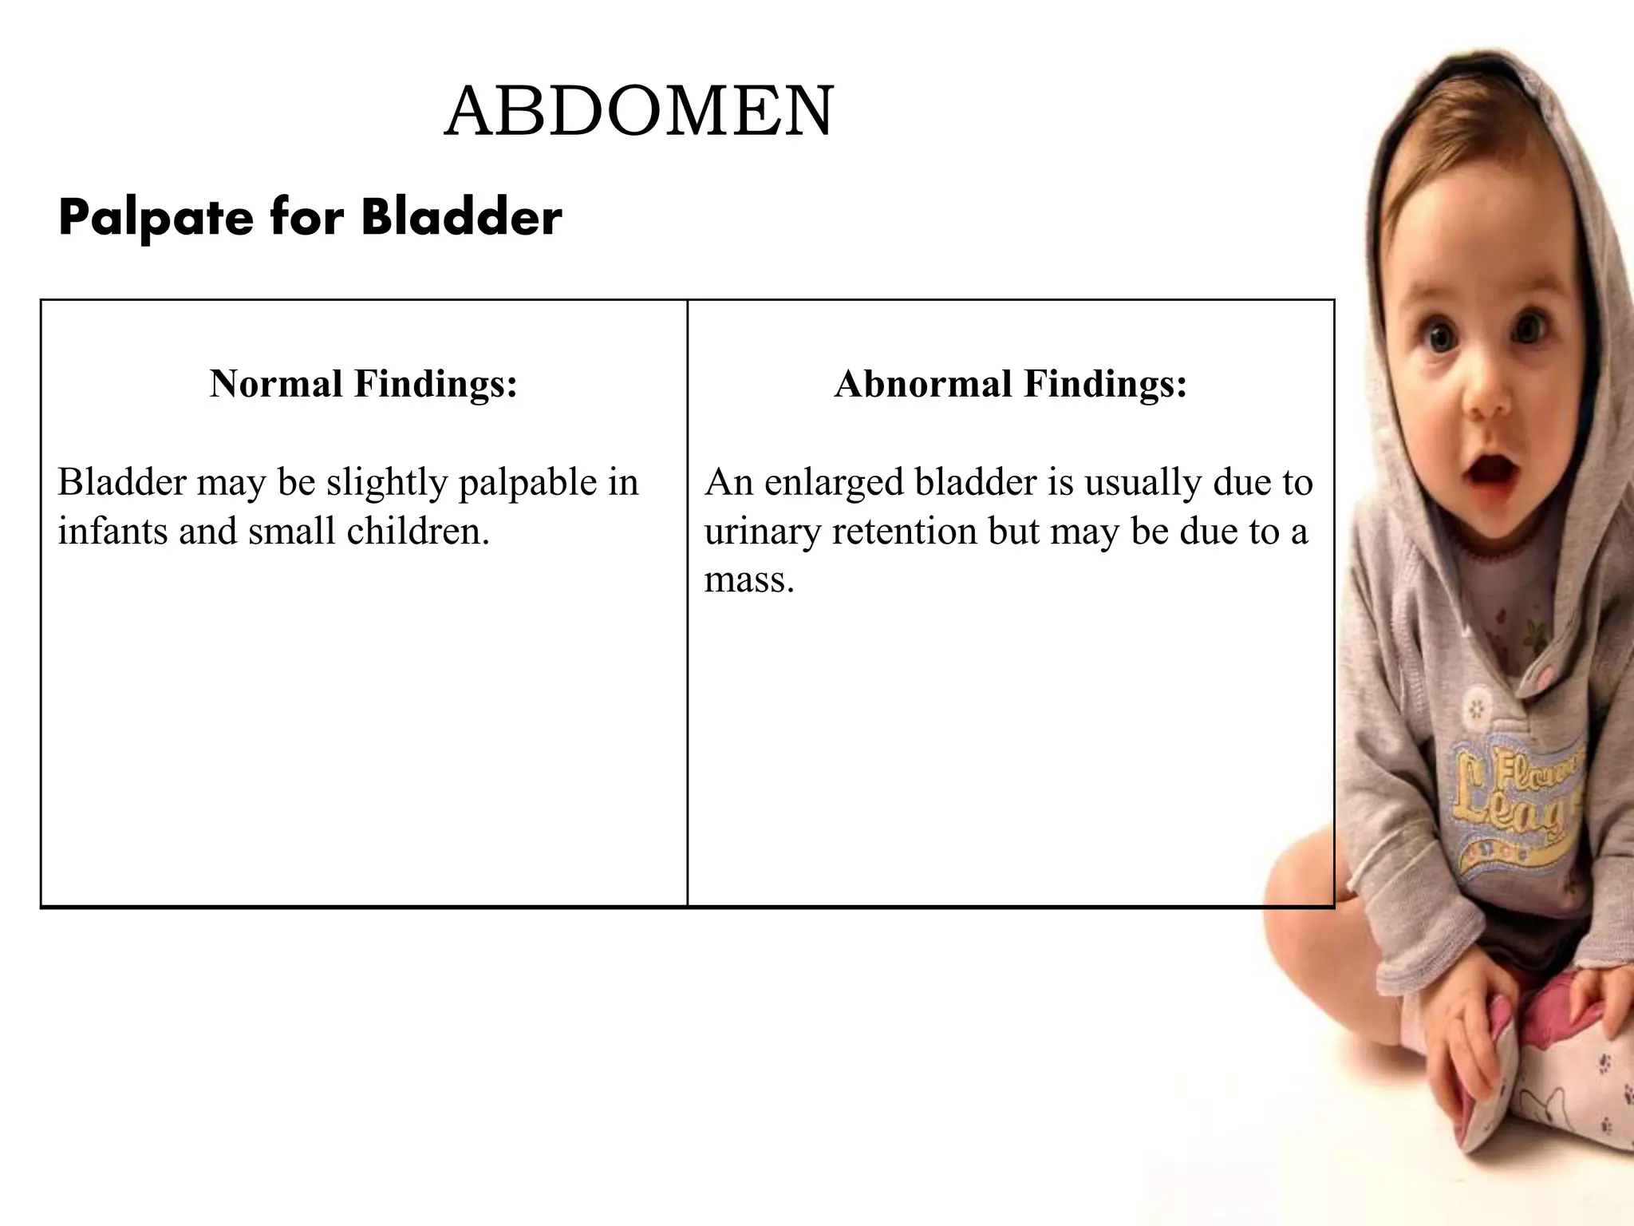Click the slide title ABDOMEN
point(639,112)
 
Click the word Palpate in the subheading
point(155,218)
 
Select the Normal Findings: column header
point(364,384)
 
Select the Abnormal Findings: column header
point(1011,384)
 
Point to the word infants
point(112,531)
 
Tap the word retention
point(904,532)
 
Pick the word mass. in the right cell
point(749,579)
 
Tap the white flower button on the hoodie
point(1478,707)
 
